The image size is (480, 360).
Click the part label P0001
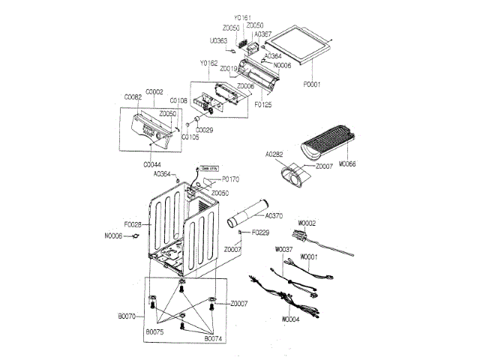coord(311,85)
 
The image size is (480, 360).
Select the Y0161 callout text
coord(242,16)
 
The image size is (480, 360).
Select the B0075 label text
coord(154,331)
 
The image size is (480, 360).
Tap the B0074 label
coord(214,339)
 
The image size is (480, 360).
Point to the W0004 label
coord(291,319)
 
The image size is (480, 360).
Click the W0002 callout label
coord(307,223)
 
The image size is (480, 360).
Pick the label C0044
coord(152,164)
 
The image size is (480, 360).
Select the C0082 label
coord(133,97)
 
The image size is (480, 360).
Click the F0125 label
coord(262,105)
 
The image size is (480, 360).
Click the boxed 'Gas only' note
coord(208,169)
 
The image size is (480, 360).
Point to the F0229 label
coord(261,232)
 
